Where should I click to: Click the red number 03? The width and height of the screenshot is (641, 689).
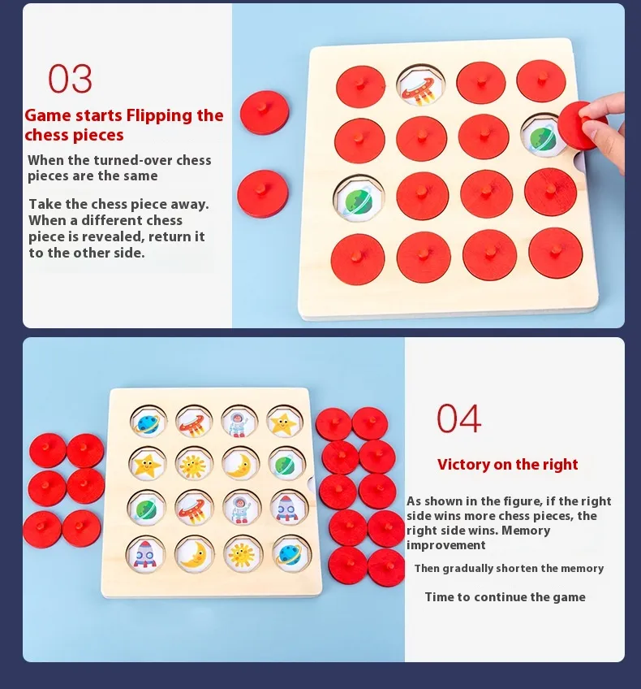(71, 79)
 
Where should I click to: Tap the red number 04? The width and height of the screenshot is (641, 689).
(459, 418)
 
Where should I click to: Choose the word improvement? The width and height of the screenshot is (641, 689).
(445, 545)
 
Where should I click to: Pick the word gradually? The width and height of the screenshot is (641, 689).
(468, 568)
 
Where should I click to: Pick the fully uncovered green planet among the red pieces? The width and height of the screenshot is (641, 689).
(359, 198)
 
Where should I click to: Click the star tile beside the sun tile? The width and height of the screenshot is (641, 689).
(148, 464)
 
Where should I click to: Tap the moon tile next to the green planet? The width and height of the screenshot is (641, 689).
(239, 464)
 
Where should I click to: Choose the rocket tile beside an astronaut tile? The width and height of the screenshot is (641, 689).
(288, 508)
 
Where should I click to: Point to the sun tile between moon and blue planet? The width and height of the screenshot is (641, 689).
(241, 553)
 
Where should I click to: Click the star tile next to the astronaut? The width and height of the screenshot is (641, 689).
(284, 422)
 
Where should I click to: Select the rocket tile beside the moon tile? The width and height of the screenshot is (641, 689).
(145, 555)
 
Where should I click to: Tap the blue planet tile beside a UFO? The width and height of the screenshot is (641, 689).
(148, 422)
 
